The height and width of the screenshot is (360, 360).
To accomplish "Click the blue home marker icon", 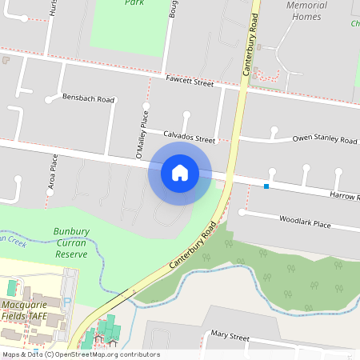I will [x=180, y=172].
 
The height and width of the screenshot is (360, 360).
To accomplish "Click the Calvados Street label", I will [x=190, y=137].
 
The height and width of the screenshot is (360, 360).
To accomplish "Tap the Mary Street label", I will [x=230, y=337].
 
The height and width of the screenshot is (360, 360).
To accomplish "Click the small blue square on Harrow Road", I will [x=266, y=186].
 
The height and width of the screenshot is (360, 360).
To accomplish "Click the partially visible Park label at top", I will [x=134, y=2].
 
